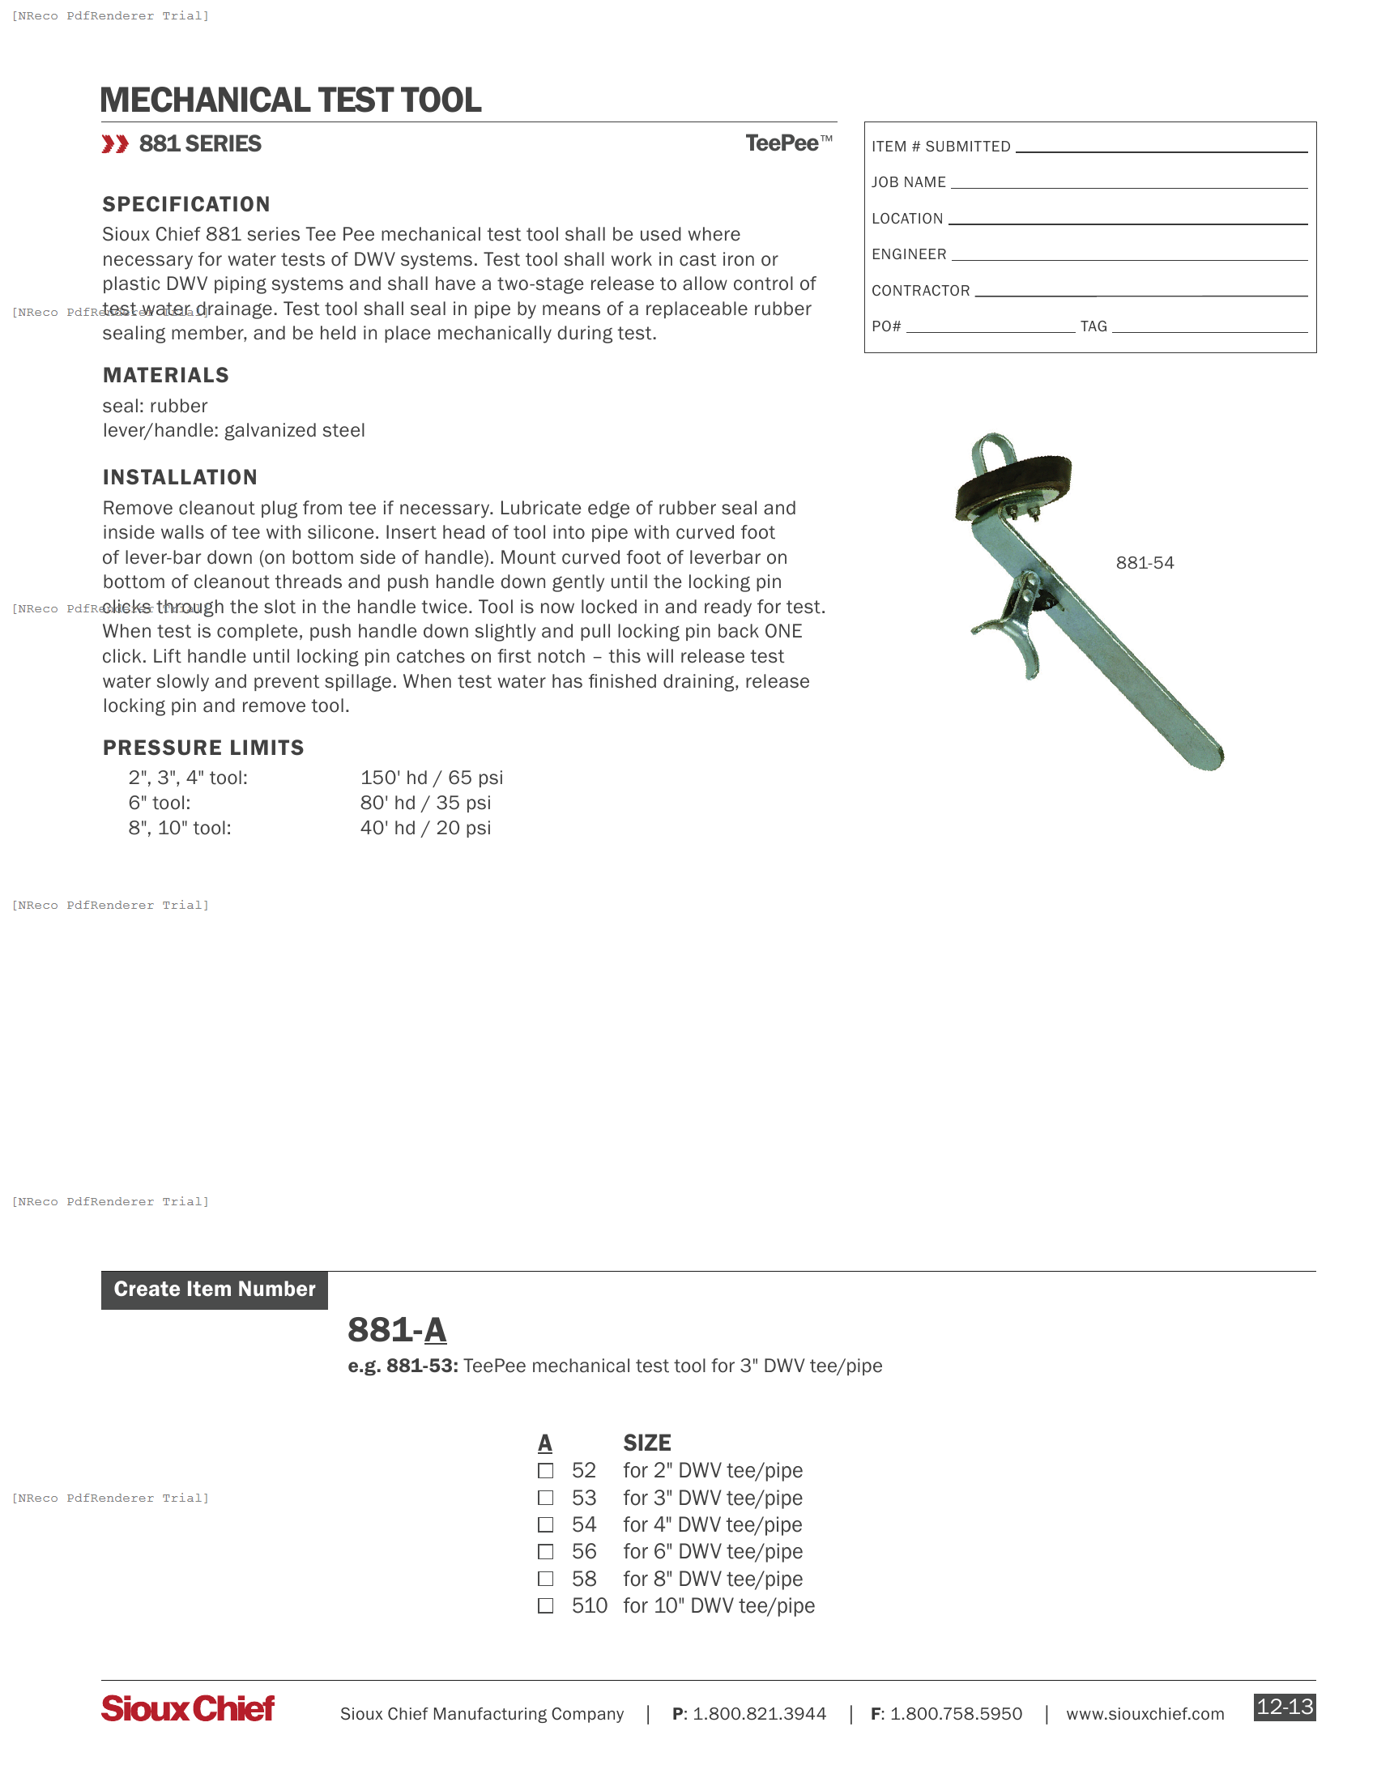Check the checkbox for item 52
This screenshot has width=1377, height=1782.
pos(546,1471)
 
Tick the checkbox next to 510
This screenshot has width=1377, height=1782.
pos(546,1605)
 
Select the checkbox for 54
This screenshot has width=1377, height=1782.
pos(546,1525)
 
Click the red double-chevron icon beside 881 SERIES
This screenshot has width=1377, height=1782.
pos(115,144)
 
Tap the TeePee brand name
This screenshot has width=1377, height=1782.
pos(782,143)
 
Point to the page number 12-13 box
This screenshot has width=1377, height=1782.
pos(1284,1707)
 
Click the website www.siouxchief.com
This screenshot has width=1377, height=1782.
pos(1145,1714)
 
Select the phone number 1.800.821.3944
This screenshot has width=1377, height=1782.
pos(759,1714)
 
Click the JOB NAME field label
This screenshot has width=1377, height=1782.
pos(908,183)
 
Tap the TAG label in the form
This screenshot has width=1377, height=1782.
pos(1093,326)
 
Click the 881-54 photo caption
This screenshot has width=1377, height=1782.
pos(1145,563)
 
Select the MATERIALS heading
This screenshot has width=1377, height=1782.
pos(165,375)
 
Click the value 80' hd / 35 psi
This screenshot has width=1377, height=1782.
pos(425,803)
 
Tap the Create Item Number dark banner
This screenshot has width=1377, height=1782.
pos(215,1290)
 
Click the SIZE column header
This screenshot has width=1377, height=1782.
pos(647,1443)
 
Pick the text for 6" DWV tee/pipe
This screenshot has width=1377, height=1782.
pos(712,1552)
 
